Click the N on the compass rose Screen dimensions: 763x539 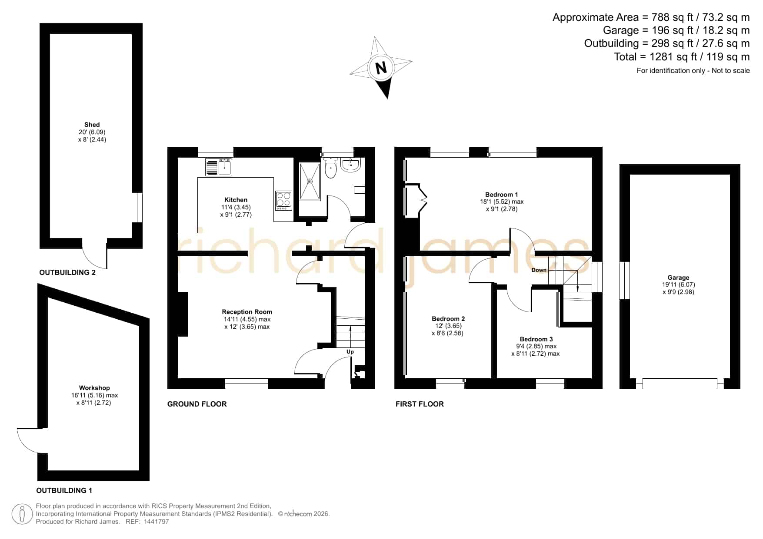point(381,68)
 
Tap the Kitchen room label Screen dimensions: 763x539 point(236,200)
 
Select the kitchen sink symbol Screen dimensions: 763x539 point(219,167)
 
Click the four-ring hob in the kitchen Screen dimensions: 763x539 point(284,201)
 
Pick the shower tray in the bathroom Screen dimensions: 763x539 point(310,182)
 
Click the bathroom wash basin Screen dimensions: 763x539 point(350,165)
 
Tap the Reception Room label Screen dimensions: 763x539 point(247,312)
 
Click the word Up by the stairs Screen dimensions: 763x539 point(350,352)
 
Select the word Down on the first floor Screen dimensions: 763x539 point(539,270)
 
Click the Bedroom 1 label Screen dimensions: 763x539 point(502,195)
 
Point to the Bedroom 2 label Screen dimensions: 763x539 point(448,319)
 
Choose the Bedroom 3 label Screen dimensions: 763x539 point(536,339)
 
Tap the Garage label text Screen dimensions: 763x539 point(678,278)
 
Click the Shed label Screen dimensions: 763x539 point(92,125)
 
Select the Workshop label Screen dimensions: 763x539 point(94,388)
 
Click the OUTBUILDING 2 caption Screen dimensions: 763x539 point(67,273)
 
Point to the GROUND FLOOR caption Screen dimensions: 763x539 point(197,404)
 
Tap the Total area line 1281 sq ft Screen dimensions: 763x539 point(682,57)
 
